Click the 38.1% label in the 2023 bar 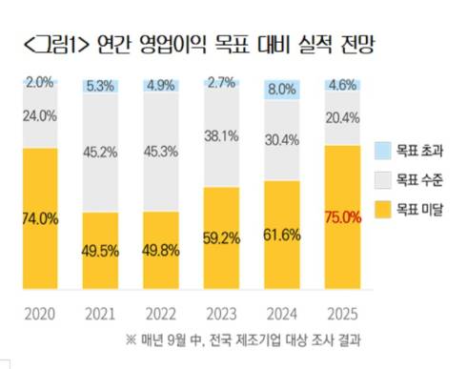(220, 135)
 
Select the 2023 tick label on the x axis (220, 313)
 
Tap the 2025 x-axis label (341, 313)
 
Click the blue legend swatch (381, 150)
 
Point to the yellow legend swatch (381, 207)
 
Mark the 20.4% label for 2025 (341, 118)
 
